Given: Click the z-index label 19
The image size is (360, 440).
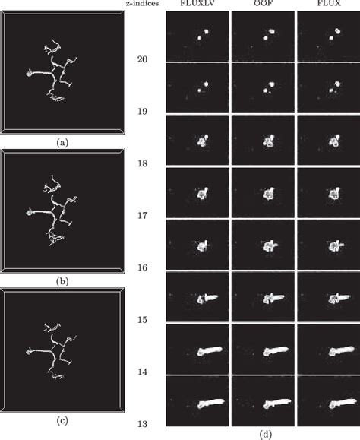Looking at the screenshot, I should [141, 112].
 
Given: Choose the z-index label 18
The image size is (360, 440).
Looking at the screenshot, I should [141, 163].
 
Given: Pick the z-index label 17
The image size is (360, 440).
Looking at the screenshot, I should [141, 216].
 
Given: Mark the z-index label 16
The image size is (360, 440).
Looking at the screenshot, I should [141, 268].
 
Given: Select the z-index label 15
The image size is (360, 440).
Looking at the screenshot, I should [141, 320].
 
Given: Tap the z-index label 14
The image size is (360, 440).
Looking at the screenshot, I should [141, 372].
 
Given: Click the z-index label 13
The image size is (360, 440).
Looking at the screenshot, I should [141, 423].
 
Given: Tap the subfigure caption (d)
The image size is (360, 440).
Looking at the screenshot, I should [262, 435].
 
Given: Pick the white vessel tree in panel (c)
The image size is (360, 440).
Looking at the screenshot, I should [53, 350].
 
